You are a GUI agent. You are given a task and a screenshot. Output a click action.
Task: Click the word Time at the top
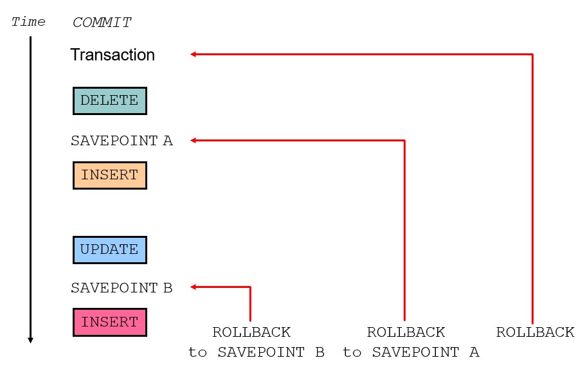tap(28, 22)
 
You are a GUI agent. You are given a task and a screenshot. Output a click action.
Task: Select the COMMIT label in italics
tap(102, 22)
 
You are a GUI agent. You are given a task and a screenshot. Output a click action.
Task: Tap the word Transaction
tap(113, 55)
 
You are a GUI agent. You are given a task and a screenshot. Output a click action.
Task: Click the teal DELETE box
tap(110, 101)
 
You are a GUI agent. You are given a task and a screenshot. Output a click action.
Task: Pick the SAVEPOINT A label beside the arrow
tap(122, 141)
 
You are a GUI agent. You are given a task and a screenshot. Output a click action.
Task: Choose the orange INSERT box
tap(110, 175)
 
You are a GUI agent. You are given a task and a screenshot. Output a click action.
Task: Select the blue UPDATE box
tap(110, 249)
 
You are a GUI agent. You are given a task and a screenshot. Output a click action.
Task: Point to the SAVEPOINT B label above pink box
tap(122, 288)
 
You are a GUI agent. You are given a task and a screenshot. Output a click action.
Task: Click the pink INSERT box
tap(110, 322)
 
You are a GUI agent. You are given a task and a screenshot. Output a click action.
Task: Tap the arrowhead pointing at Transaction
tap(193, 54)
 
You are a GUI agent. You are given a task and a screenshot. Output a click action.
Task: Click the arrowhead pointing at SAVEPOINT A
tap(193, 141)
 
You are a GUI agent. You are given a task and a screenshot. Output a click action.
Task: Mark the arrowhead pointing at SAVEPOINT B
tap(193, 287)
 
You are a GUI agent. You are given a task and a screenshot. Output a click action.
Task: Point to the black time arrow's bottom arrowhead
tap(31, 340)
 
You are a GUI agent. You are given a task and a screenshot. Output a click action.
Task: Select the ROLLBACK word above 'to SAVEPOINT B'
tap(251, 332)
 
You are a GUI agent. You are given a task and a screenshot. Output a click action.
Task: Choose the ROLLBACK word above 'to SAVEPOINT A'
tap(406, 332)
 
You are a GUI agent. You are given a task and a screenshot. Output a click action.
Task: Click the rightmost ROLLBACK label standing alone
tap(536, 332)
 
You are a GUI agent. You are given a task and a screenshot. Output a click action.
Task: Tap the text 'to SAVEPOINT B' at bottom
tap(256, 352)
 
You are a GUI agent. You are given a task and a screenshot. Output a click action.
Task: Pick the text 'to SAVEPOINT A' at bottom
tap(411, 352)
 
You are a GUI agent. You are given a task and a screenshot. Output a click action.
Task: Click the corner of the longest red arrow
tap(532, 54)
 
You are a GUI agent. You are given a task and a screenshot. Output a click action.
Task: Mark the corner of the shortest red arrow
tap(250, 287)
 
